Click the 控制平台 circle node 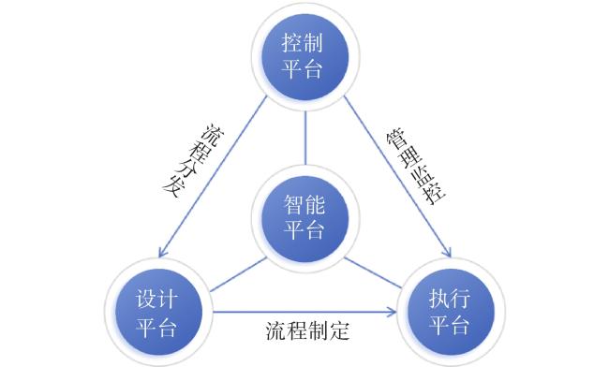point(304,57)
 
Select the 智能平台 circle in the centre point(304,218)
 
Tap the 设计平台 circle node point(158,312)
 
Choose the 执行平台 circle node point(451,312)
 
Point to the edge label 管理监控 point(416,167)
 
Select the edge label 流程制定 point(307,330)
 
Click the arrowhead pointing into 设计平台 point(163,252)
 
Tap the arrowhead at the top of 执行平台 point(447,252)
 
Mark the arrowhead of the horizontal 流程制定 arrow point(392,311)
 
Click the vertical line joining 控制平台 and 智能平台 point(305,138)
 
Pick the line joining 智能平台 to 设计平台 point(238,275)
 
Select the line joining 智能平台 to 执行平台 point(373,273)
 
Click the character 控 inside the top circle point(292,43)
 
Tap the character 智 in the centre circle point(294,204)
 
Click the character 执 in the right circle point(439,299)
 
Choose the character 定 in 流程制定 point(339,330)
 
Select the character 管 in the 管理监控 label point(394,139)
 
